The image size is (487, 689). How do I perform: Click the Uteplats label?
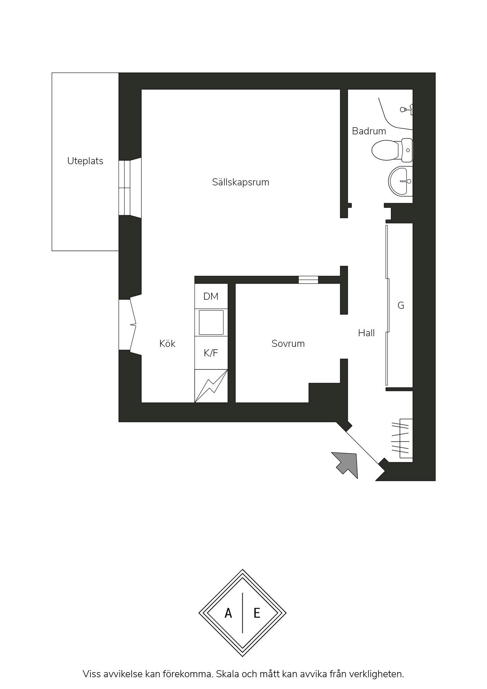85,161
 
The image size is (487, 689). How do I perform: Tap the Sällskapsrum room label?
240,182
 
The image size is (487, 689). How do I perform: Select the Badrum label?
368,131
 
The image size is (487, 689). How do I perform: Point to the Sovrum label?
288,344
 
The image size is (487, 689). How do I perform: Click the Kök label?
167,344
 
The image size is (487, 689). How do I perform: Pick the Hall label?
366,333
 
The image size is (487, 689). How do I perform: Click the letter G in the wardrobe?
401,306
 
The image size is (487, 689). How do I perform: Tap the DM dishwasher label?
211,297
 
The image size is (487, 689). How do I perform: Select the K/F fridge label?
211,353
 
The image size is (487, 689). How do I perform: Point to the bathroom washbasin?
401,181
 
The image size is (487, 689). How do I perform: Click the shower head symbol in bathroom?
405,109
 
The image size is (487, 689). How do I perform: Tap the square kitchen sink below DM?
211,323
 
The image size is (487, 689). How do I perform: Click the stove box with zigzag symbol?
211,386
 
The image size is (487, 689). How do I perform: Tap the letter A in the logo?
228,613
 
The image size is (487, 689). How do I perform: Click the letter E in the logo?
257,613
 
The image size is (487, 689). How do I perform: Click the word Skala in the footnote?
228,674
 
